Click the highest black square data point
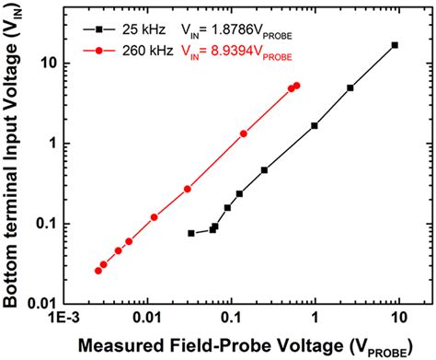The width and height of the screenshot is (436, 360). [x=395, y=45]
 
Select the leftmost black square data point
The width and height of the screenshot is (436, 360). [x=191, y=233]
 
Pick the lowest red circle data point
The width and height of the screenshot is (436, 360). [x=98, y=271]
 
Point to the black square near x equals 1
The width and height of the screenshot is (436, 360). [x=315, y=125]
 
